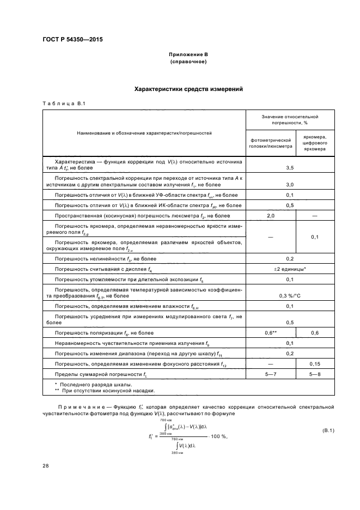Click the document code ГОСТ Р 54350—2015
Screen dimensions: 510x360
[72, 40]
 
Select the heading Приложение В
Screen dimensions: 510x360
[188, 55]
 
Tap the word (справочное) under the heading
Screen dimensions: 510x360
[188, 62]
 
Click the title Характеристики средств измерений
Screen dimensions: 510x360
[188, 89]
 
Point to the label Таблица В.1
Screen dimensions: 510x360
[64, 104]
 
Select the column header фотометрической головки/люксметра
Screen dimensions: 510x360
[271, 143]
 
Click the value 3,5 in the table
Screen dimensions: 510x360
[290, 168]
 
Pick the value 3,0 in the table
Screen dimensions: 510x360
[290, 185]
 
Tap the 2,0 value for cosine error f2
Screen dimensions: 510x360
[271, 216]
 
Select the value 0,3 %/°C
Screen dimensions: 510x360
[290, 296]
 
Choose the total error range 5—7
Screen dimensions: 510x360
[271, 374]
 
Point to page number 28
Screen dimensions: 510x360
[45, 465]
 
